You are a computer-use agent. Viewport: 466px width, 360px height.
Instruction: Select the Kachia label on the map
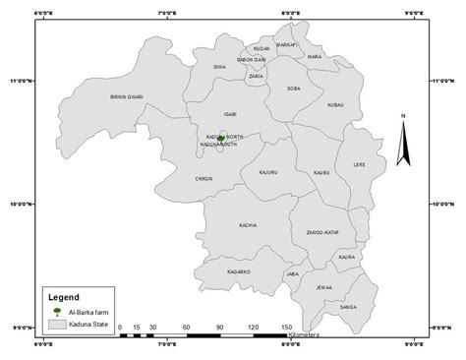click(x=247, y=225)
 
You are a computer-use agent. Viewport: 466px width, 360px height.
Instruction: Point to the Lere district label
click(x=359, y=165)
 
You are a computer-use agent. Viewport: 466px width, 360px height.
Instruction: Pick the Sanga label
click(x=347, y=307)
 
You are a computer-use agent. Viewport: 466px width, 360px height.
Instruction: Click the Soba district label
click(x=293, y=90)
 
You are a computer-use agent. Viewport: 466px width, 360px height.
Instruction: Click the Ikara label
click(x=315, y=57)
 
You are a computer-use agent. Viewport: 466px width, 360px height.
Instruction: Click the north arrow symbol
click(x=403, y=143)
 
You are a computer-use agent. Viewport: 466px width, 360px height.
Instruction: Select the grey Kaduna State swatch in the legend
click(x=58, y=323)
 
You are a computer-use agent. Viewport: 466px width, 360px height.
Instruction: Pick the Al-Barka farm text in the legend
click(x=89, y=311)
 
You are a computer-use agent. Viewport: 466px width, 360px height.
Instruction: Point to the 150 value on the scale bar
click(x=287, y=327)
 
